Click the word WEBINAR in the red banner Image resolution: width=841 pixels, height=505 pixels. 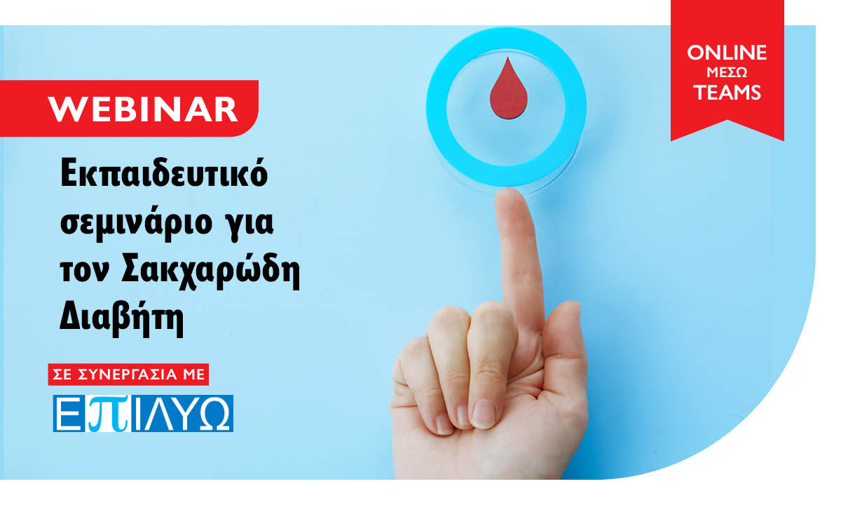[x=143, y=109]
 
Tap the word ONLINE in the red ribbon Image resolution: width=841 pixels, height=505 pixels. [x=727, y=52]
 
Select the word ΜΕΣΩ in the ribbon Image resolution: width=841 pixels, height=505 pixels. [x=727, y=72]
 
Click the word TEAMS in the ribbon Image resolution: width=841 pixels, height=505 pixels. [x=727, y=93]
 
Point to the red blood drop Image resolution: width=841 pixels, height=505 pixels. [x=508, y=88]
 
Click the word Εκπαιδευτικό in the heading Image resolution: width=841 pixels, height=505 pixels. [x=164, y=174]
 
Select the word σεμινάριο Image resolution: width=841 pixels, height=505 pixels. [x=136, y=224]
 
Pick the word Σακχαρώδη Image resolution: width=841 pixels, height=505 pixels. [x=211, y=271]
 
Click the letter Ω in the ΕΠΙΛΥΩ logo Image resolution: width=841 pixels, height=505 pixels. [x=214, y=414]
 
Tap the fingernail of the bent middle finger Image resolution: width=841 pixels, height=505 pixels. [x=484, y=414]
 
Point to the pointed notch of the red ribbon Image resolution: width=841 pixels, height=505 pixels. [x=727, y=121]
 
